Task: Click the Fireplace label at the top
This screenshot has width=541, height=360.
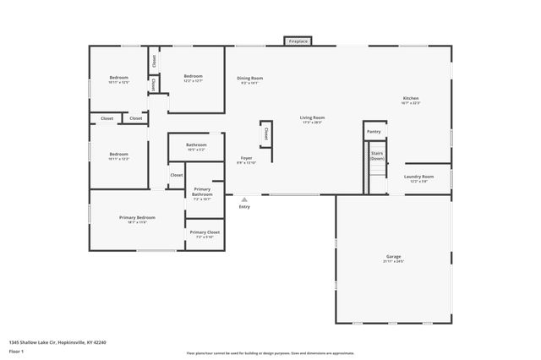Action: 298,41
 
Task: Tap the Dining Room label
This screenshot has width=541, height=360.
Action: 249,78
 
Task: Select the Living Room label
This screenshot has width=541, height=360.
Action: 312,117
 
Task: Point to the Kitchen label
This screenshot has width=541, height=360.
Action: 410,98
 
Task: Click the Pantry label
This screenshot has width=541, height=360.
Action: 374,132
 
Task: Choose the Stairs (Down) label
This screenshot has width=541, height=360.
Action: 377,155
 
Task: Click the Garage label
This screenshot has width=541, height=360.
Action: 393,256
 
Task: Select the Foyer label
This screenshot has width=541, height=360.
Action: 246,158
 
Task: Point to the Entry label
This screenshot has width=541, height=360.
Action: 244,206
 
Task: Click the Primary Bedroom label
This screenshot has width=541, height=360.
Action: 136,217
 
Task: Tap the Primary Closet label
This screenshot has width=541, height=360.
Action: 204,232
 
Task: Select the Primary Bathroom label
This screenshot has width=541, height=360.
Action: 202,191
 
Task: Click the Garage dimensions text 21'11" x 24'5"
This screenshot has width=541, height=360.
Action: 393,261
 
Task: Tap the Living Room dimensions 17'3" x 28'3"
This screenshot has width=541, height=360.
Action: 312,123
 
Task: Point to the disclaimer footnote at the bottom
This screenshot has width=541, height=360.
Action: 270,353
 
